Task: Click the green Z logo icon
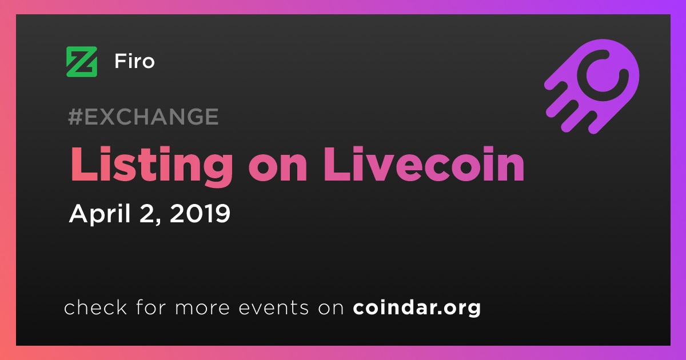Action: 82,62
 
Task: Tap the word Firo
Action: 134,61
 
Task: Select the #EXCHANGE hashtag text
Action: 143,117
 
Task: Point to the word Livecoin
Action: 424,164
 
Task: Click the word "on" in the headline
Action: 278,169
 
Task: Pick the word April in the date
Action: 100,214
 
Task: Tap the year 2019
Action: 200,213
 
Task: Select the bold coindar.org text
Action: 417,308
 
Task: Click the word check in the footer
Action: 95,307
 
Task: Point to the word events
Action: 273,307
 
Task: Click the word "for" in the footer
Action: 151,307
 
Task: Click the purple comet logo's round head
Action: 603,75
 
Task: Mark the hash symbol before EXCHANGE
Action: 75,117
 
